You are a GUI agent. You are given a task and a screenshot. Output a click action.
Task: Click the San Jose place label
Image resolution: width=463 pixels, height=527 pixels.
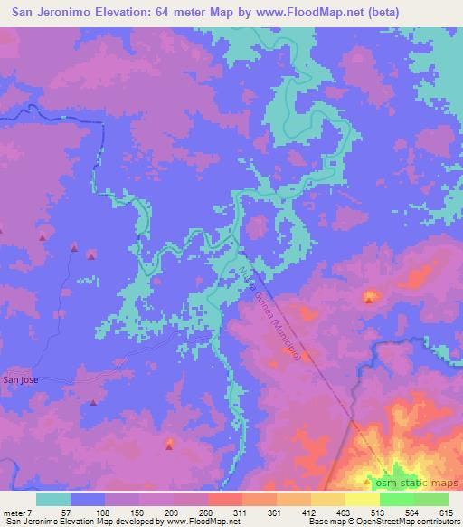point(20,380)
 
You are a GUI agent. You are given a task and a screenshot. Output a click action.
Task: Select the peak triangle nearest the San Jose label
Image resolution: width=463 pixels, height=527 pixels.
point(92,402)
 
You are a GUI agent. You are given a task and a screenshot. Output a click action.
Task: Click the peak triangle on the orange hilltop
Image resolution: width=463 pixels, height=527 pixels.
point(368,296)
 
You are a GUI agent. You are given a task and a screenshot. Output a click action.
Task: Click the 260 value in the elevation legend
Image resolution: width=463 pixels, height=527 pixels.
point(207,513)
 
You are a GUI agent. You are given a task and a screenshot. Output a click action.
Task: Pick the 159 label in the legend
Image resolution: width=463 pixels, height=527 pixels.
point(137,513)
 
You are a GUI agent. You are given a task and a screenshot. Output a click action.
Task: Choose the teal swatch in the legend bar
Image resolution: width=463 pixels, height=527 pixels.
point(53,499)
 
